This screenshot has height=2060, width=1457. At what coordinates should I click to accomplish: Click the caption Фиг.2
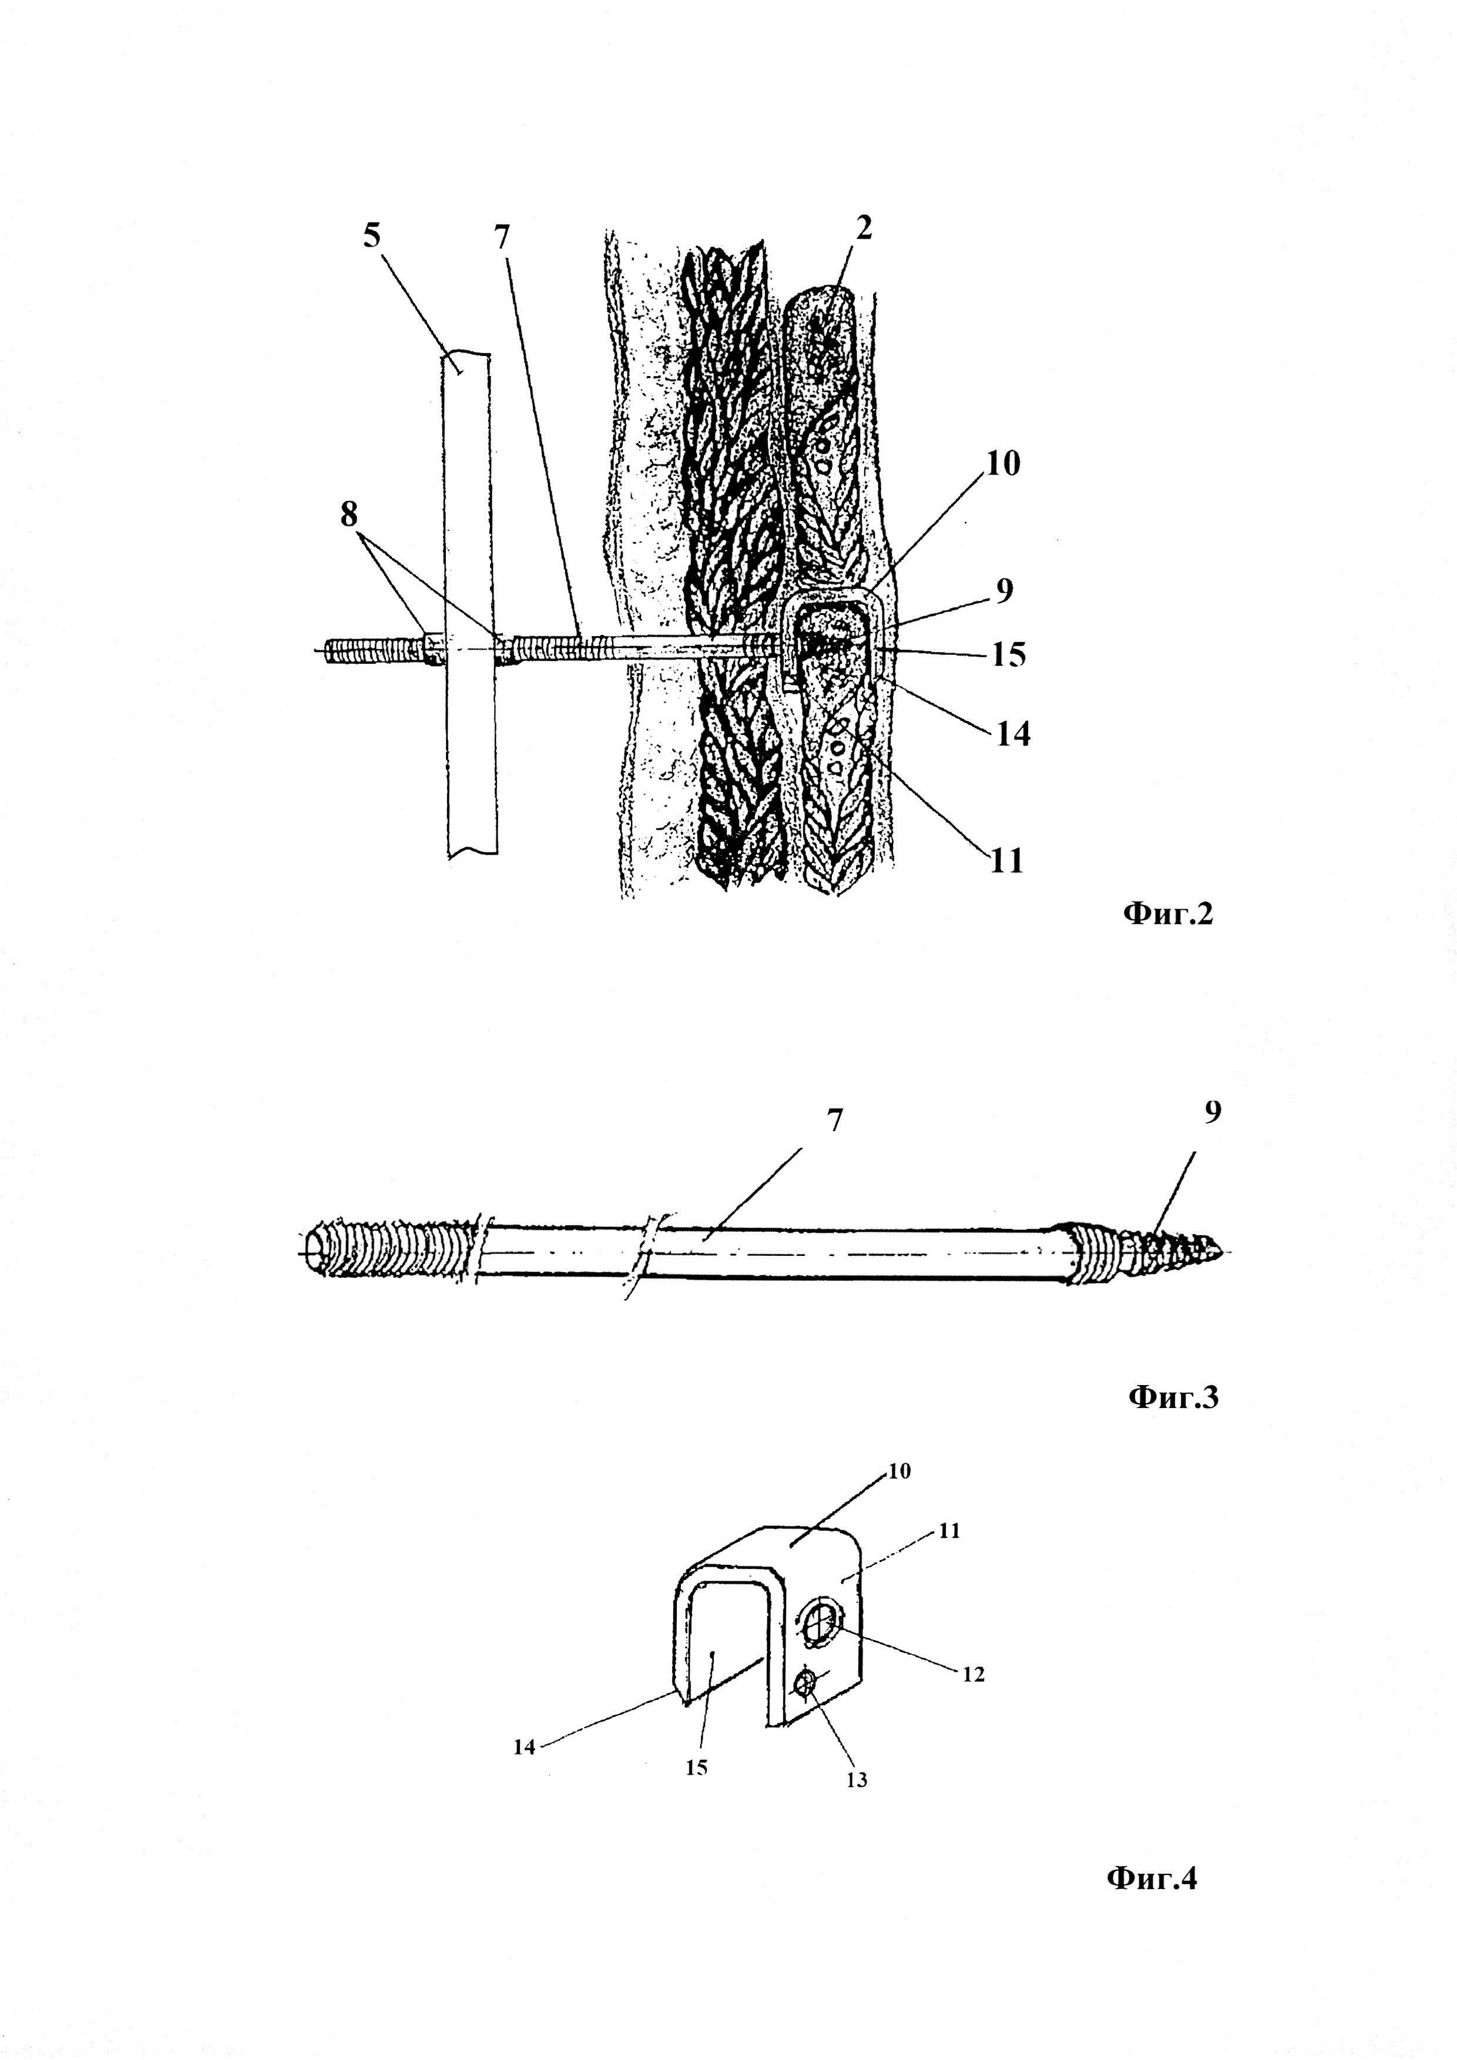coord(1167,914)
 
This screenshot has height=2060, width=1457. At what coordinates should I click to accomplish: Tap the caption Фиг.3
coord(1173,1396)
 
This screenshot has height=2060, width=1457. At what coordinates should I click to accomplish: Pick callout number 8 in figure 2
coord(349,515)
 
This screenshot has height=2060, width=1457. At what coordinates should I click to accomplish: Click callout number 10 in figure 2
coord(1004,465)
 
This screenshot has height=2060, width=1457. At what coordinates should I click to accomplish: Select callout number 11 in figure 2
coord(1006,861)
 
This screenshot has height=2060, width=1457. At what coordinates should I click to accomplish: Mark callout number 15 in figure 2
coord(1008,655)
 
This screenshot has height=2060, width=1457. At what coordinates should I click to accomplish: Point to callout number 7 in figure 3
coord(835,1121)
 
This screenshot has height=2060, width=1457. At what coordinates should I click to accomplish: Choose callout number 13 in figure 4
coord(857,1780)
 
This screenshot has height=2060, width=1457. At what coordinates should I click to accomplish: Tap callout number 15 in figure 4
coord(697,1767)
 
